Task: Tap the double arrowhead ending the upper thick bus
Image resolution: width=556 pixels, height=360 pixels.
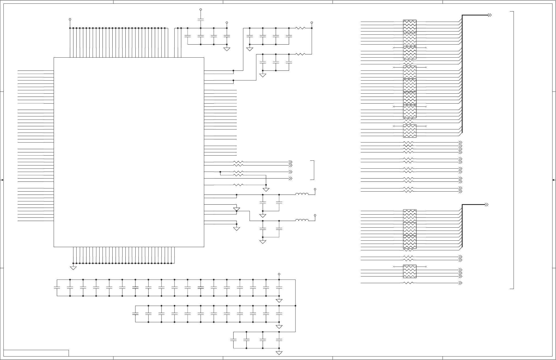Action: [x=490, y=15]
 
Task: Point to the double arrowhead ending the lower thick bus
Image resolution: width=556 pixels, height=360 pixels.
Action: [x=486, y=205]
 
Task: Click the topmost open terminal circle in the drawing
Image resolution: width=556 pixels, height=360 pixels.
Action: [x=201, y=10]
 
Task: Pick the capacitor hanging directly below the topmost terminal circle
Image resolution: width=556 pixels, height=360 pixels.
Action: [x=201, y=19]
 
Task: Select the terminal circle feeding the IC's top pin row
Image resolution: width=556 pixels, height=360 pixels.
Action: [x=70, y=19]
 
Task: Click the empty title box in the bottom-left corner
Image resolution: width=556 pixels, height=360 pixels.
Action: [x=36, y=353]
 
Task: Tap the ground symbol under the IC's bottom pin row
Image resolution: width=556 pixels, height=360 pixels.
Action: [x=73, y=268]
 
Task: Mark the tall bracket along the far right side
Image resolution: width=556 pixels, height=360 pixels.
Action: [x=512, y=150]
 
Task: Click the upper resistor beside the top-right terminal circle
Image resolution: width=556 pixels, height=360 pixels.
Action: [x=301, y=28]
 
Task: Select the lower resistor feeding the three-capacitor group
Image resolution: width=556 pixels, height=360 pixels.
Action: [x=301, y=54]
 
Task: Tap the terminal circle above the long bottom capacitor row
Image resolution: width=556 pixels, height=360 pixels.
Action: [x=279, y=274]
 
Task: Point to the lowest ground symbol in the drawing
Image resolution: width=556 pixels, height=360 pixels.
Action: [x=279, y=353]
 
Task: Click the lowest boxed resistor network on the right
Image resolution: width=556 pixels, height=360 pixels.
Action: [x=409, y=271]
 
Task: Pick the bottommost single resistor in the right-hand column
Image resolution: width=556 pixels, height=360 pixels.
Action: [x=408, y=283]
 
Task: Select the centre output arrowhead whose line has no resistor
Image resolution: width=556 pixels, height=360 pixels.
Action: [x=291, y=178]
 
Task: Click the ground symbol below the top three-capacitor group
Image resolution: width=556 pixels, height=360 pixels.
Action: [x=263, y=75]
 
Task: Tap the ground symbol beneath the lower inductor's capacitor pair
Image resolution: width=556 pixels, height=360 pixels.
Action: [x=263, y=242]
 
